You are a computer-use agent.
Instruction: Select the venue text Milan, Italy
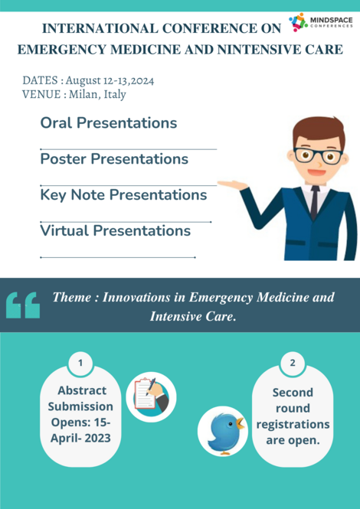[97, 94]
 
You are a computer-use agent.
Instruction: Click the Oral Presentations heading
[108, 123]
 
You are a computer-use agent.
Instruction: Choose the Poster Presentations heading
[114, 159]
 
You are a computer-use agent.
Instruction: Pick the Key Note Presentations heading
[123, 195]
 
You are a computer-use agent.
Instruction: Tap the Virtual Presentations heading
[115, 230]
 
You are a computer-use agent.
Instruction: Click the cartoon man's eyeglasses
[317, 155]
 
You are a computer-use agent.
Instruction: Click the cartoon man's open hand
[232, 184]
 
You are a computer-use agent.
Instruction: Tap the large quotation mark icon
[23, 304]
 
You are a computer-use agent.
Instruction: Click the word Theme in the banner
[74, 297]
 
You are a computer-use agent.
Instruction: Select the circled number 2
[293, 362]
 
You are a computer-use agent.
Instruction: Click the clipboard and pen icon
[151, 396]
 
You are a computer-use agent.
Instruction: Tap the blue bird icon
[223, 431]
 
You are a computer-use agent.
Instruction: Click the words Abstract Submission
[81, 398]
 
